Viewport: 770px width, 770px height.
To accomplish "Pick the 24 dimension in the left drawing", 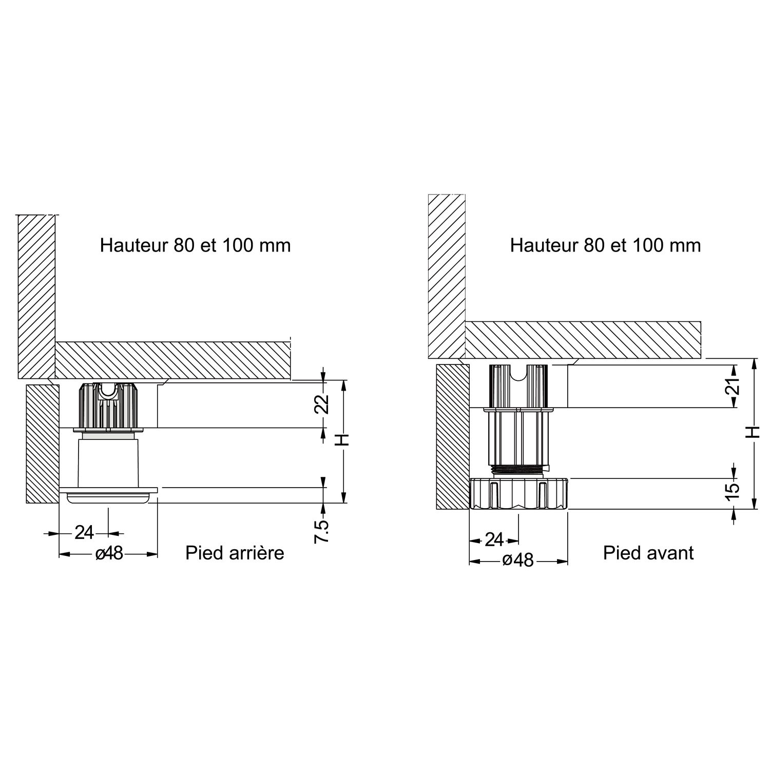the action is (84, 533).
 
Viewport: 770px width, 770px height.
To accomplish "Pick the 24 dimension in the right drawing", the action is (494, 540).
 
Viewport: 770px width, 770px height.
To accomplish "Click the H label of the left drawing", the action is (344, 439).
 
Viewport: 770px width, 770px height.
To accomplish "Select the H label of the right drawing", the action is (754, 432).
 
